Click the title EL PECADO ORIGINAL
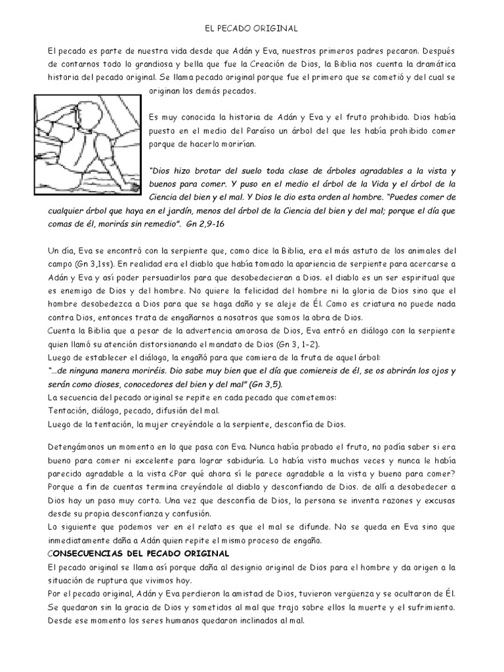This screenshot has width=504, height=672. tap(252, 28)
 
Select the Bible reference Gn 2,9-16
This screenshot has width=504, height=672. tap(206, 223)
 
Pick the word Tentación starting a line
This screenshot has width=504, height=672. tap(68, 411)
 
